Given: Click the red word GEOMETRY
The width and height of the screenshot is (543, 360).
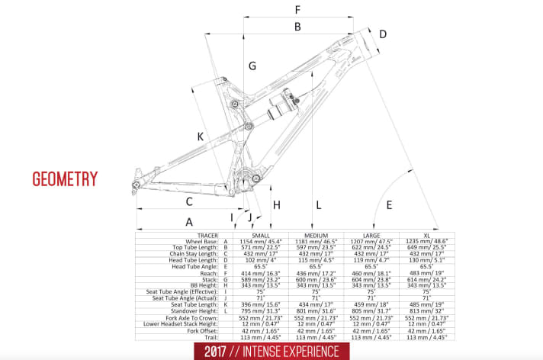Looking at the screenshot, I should point(65,179).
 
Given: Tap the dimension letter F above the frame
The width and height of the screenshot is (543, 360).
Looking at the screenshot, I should point(297,10).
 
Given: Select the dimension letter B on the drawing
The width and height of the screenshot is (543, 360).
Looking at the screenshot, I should point(297,27).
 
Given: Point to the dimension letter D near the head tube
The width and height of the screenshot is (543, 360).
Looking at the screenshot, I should point(383,34).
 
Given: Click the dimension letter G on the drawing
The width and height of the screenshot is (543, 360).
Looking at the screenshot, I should point(252,66).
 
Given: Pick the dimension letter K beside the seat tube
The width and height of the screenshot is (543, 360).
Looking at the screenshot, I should point(201,137).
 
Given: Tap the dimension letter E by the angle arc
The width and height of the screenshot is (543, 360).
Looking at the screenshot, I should point(389,204).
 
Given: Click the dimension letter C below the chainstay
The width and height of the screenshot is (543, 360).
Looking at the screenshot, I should point(188,202).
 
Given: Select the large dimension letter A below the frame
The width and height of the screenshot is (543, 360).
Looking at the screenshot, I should point(188,221).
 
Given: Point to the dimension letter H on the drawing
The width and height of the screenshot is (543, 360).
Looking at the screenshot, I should point(277,204).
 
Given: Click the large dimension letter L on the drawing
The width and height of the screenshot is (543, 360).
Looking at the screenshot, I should point(318,204).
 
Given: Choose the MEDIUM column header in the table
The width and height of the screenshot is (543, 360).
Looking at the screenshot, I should point(315,234).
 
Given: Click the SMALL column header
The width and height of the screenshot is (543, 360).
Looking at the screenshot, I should point(260,234).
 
